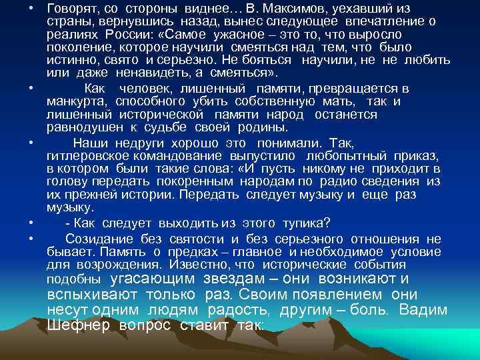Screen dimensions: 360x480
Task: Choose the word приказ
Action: coord(421,155)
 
